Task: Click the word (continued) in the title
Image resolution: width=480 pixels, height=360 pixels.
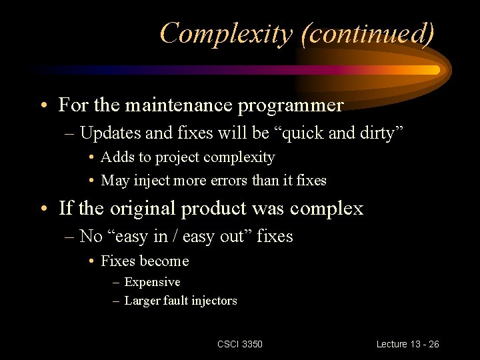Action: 368,33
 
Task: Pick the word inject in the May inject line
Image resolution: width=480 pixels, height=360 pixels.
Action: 151,180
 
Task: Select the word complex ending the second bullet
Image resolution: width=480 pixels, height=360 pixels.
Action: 328,209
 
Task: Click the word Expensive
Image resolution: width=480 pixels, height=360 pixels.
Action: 152,282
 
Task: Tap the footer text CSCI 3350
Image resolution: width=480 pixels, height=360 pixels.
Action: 240,344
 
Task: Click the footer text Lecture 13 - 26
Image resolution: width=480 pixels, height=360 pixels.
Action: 407,344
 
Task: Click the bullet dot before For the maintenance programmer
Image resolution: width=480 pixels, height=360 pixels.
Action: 43,105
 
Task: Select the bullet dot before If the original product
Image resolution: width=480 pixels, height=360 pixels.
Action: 43,208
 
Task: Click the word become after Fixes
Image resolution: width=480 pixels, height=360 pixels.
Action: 165,261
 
